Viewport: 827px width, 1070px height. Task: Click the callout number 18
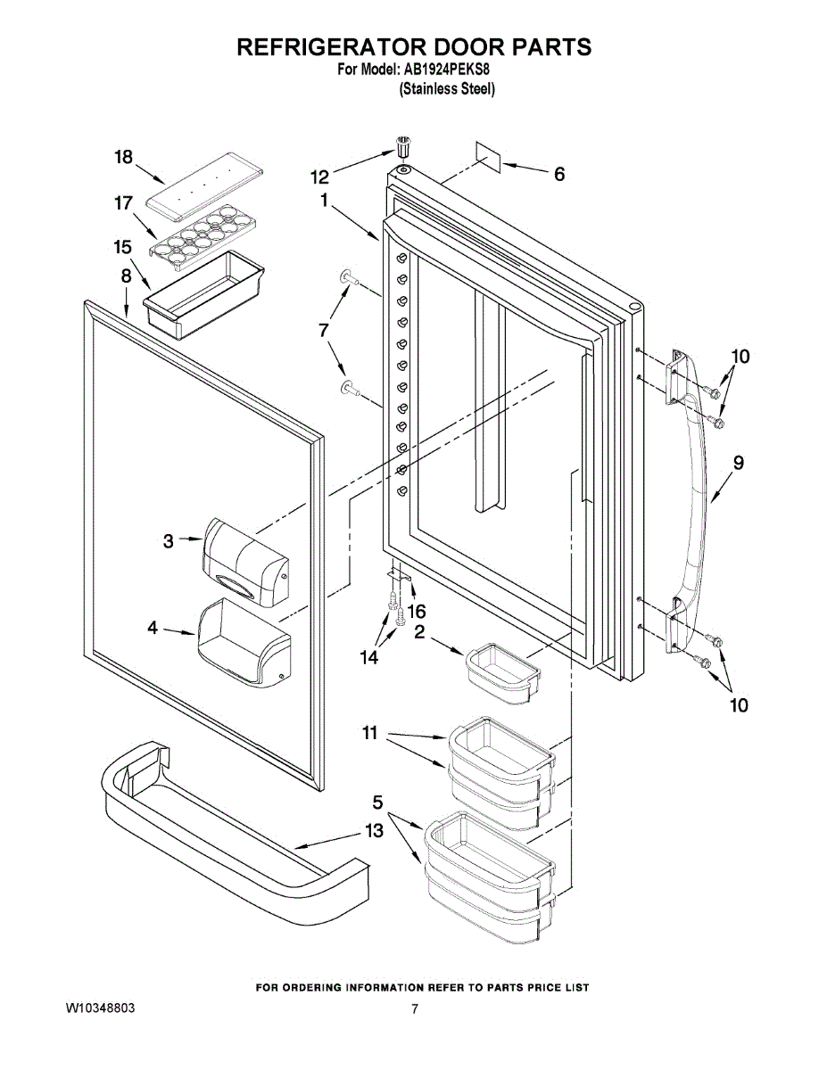(123, 158)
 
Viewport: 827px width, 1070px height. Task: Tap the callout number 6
(559, 174)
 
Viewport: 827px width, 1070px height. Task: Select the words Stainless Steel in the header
(447, 88)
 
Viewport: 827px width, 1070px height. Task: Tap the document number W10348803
(101, 1008)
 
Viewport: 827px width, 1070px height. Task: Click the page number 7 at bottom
(415, 1008)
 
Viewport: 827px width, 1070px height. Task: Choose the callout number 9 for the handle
(739, 463)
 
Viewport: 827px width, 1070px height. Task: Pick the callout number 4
(153, 629)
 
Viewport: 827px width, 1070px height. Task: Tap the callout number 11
(370, 733)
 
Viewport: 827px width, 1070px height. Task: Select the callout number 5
(378, 802)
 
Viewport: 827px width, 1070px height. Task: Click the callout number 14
(369, 657)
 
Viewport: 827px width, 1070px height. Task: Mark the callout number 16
(417, 611)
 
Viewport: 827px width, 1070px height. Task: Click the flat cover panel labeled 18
(208, 185)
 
